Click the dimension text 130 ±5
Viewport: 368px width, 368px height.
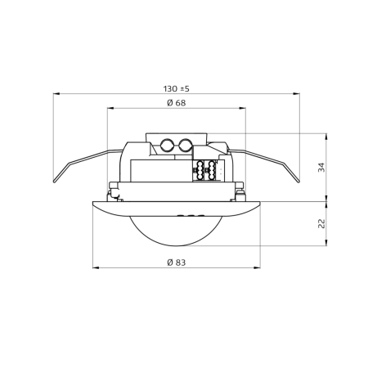click(177, 88)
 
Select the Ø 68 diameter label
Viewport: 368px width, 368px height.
click(176, 103)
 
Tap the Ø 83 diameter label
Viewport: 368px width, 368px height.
click(176, 263)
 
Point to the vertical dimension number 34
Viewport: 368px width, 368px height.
click(322, 167)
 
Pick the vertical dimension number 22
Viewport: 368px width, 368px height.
click(322, 222)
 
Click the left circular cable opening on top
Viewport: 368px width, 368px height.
click(168, 147)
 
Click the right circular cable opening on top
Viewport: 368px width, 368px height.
click(186, 147)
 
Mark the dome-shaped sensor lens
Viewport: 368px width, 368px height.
click(177, 229)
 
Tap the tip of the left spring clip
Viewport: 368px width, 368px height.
click(55, 182)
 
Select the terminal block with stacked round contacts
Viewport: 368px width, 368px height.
click(204, 173)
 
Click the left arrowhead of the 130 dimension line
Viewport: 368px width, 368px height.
click(56, 93)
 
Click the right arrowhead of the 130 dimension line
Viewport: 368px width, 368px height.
click(297, 93)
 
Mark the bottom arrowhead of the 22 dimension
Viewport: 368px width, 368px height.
click(327, 241)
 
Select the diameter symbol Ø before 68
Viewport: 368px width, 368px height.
click(168, 103)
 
